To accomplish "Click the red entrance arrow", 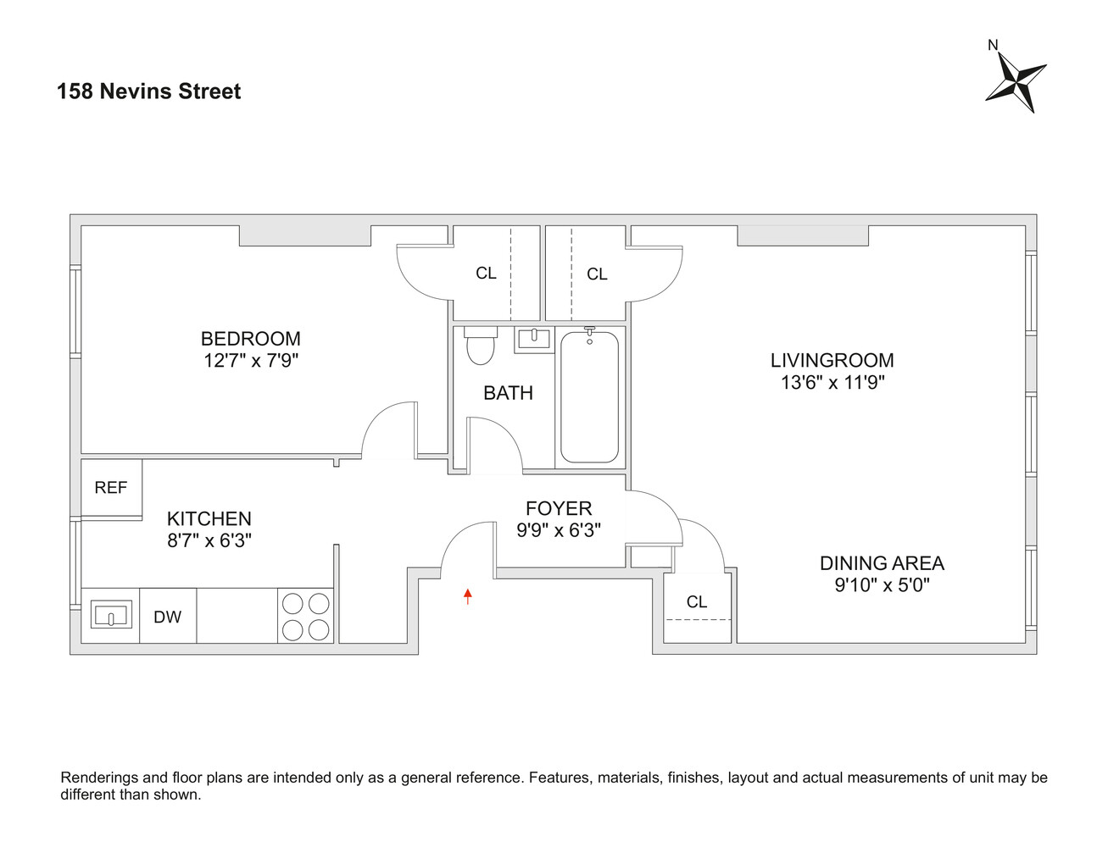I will point(467,596).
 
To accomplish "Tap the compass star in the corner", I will point(1016,82).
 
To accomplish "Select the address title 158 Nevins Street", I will point(149,91).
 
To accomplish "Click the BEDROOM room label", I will point(250,339).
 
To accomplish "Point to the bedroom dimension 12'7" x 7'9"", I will point(251,361).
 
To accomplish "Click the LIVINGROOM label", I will point(832,360).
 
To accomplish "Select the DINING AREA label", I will point(882,563).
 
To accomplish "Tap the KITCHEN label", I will point(209,518).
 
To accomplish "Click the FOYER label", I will point(559,508).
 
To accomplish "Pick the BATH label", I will point(508,393).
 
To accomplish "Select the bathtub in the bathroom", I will point(589,396).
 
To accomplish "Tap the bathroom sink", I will point(533,340).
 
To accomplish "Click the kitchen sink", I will point(110,615).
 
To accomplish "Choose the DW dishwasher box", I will point(168,617).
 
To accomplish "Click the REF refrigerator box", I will point(111,488).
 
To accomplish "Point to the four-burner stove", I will point(306,616).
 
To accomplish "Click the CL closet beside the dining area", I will point(697,602).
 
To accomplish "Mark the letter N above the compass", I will point(993,45).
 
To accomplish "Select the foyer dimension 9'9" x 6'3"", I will point(559,530).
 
